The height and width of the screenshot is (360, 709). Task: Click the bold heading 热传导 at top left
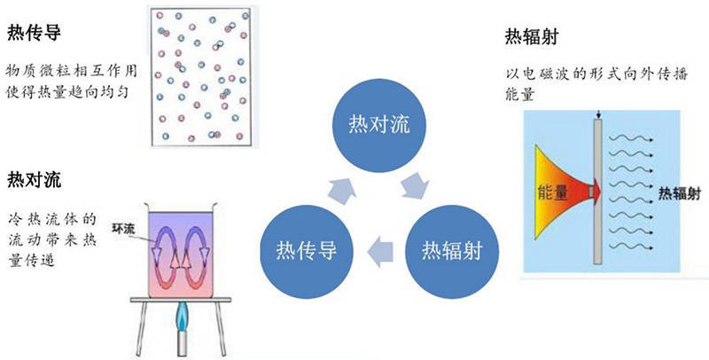coord(33,35)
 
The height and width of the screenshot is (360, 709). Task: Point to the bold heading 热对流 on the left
coord(33,178)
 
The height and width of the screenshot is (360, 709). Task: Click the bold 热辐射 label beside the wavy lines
coord(671,191)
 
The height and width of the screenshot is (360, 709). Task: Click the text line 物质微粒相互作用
coord(67,71)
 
